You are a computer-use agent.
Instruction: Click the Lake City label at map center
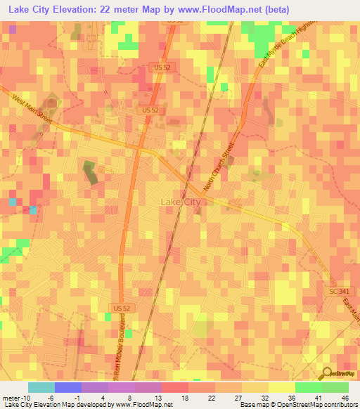click(x=181, y=202)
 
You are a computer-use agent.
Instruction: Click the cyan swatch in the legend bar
click(x=41, y=387)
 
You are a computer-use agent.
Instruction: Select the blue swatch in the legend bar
click(x=67, y=387)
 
